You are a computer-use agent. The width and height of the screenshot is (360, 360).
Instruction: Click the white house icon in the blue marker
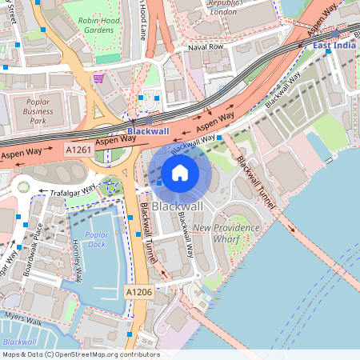coord(180,173)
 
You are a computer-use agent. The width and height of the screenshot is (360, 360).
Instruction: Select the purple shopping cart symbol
coord(98,78)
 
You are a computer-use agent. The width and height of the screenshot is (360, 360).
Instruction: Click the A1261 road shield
coord(78,150)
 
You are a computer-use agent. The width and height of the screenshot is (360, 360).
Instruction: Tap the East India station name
coord(334,45)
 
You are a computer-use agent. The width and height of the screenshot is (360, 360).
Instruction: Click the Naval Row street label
coord(205,47)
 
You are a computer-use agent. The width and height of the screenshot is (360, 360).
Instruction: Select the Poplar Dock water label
coord(96,239)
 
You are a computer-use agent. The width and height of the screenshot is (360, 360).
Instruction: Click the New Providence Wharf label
coord(226,233)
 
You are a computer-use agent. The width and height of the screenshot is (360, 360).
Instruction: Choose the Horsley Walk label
coord(77,261)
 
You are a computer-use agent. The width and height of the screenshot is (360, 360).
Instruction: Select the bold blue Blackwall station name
coord(148,131)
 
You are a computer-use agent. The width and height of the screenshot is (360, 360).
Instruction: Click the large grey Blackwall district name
coord(177,206)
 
